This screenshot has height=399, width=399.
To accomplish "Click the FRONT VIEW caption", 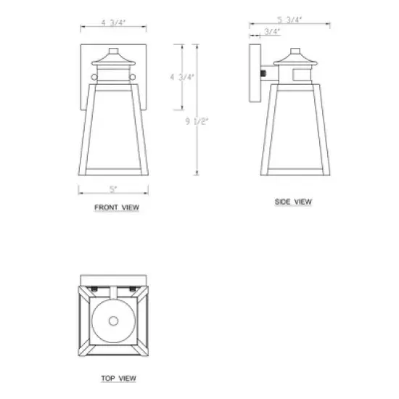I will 116,207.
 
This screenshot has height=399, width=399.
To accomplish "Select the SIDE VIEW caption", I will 293,202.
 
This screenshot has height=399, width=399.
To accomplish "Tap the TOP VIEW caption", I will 116,378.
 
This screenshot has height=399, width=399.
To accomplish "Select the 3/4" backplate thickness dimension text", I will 273,32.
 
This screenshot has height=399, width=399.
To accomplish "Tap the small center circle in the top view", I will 113,321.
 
